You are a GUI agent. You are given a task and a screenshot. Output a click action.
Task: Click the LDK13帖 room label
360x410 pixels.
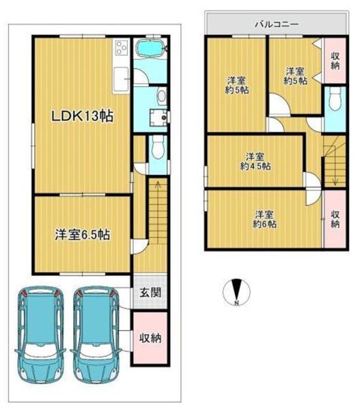(83, 116)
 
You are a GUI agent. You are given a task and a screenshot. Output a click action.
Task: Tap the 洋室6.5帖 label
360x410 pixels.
(83, 234)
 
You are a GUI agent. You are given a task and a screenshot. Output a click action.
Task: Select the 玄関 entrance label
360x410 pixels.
(150, 292)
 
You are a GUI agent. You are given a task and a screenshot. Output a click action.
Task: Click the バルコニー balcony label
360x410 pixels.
(277, 25)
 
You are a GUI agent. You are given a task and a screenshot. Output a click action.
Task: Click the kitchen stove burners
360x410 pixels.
(122, 48)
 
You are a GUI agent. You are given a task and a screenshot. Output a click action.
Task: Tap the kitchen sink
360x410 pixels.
(121, 77)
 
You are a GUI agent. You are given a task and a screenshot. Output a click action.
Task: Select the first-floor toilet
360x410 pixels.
(158, 148)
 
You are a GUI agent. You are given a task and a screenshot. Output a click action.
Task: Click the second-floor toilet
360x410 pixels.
(335, 99)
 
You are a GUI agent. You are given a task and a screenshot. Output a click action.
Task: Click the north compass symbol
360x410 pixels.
(236, 292)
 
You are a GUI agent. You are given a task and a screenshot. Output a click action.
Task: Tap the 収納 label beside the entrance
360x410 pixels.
(150, 338)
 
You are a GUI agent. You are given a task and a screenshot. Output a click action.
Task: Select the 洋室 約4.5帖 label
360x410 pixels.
(255, 161)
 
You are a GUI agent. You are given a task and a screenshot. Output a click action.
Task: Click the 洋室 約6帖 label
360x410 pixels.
(264, 219)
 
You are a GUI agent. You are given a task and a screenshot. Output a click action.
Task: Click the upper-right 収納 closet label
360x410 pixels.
(335, 61)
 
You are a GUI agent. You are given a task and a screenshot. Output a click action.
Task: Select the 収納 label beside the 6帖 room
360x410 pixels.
(335, 219)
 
